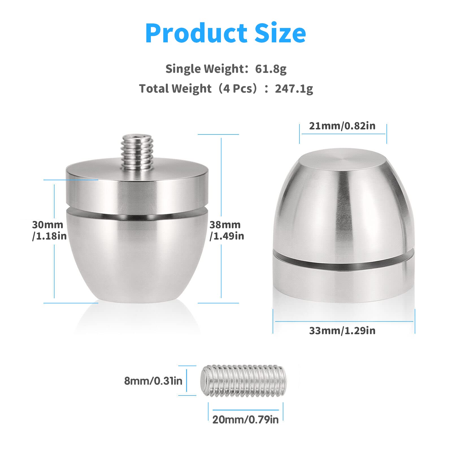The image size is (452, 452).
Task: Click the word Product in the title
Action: coord(196,33)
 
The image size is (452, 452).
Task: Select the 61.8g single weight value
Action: coord(271,69)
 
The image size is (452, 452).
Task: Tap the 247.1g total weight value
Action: coord(294,89)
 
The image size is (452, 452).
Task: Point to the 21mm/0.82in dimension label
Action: coord(342,126)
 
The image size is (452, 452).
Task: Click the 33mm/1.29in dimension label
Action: coord(342,331)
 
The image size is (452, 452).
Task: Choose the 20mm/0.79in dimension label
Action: coord(245,420)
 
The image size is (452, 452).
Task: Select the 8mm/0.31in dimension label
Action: coord(153,381)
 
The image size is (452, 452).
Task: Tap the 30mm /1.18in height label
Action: coord(49,230)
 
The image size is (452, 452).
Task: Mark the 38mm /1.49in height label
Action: coord(227,230)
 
